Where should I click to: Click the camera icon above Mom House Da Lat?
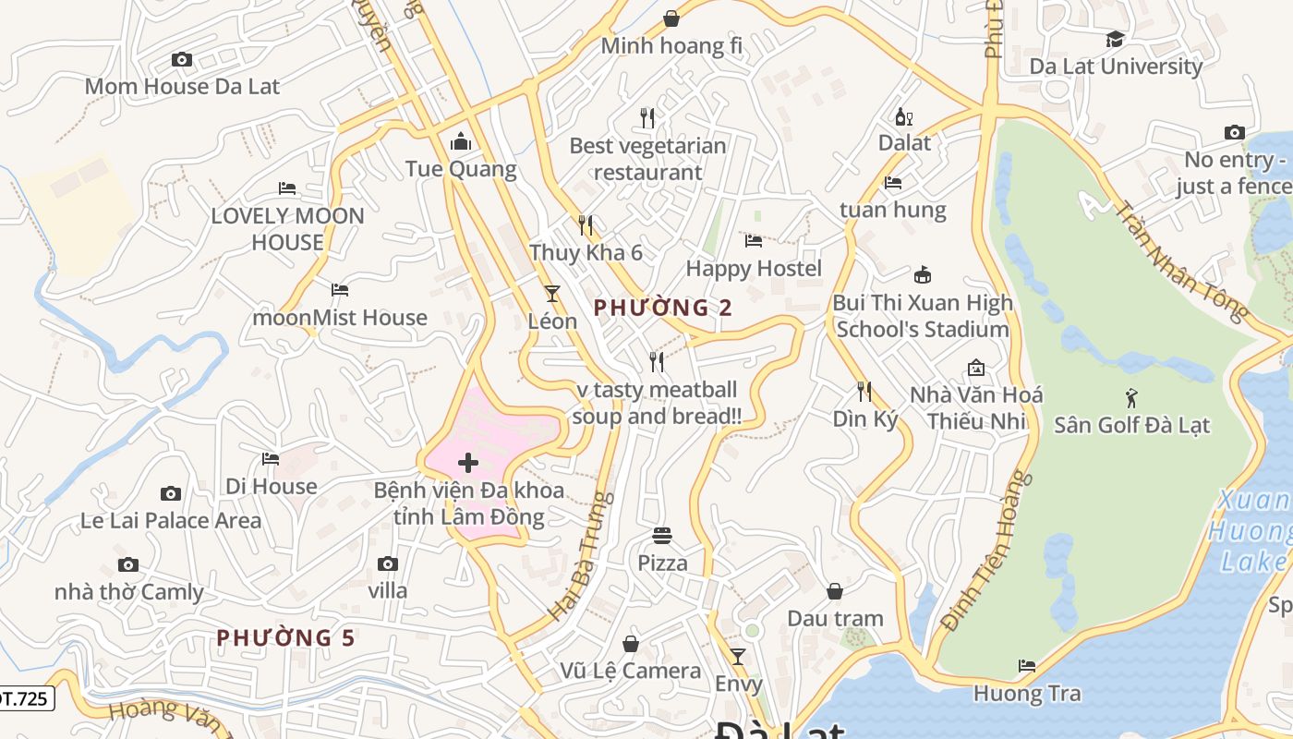(182, 60)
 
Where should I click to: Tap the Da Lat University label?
(1116, 67)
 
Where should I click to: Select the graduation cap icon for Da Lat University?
(1116, 39)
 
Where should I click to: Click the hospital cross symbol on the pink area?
(468, 462)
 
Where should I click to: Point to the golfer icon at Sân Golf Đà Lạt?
(1132, 399)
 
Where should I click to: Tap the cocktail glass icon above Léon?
(552, 294)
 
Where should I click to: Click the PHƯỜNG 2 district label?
(662, 308)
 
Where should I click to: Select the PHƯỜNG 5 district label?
(285, 637)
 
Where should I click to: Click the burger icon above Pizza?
(662, 536)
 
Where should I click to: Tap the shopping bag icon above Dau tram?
(835, 591)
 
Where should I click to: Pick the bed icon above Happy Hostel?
(754, 241)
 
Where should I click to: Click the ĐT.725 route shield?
(24, 698)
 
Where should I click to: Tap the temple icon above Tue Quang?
(460, 142)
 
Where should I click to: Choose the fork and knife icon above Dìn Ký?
(864, 392)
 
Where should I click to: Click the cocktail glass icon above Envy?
(738, 657)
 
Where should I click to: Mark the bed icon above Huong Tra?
(1026, 666)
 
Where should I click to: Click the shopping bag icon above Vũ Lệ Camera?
(631, 643)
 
